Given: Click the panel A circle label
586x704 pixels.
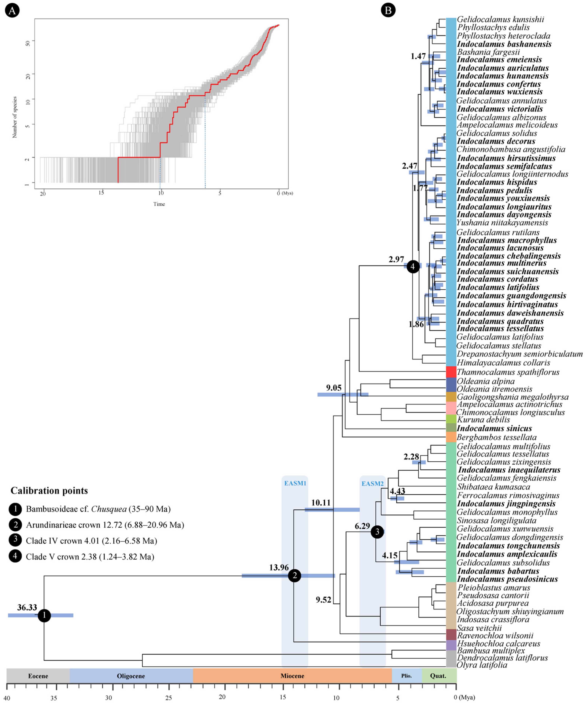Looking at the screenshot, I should pos(12,11).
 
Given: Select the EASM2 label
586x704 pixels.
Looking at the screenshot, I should pos(372,483).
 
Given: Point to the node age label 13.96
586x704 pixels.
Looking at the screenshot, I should pos(279,567).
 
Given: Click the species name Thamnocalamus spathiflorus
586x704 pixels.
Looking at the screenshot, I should pos(508,372).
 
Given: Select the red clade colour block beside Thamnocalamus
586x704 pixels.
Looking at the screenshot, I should pos(451,372).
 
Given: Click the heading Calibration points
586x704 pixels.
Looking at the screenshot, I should pos(49,490).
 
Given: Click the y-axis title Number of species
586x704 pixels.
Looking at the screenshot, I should pos(14,117).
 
